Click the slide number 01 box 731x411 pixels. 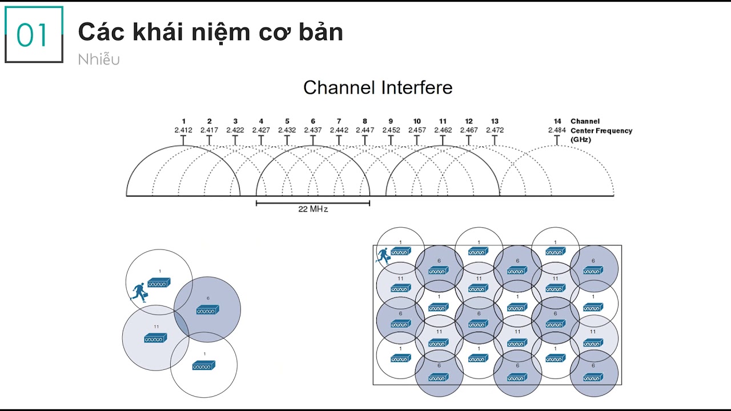34,35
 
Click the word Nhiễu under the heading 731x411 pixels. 99,59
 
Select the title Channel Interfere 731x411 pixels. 377,87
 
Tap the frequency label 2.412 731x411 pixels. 183,130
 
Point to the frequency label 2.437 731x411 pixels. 312,130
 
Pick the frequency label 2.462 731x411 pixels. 443,130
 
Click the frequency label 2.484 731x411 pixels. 557,130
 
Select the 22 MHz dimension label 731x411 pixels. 313,209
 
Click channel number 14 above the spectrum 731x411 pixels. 557,121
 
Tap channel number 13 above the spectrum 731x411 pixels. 495,121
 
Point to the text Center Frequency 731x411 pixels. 601,131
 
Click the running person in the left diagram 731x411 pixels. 139,292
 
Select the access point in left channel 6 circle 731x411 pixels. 207,309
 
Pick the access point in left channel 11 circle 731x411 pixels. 155,338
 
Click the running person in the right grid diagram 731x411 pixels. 383,255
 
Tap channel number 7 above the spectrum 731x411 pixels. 339,121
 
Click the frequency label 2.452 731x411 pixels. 391,130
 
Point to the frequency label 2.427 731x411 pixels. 261,130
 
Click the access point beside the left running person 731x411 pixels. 159,283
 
